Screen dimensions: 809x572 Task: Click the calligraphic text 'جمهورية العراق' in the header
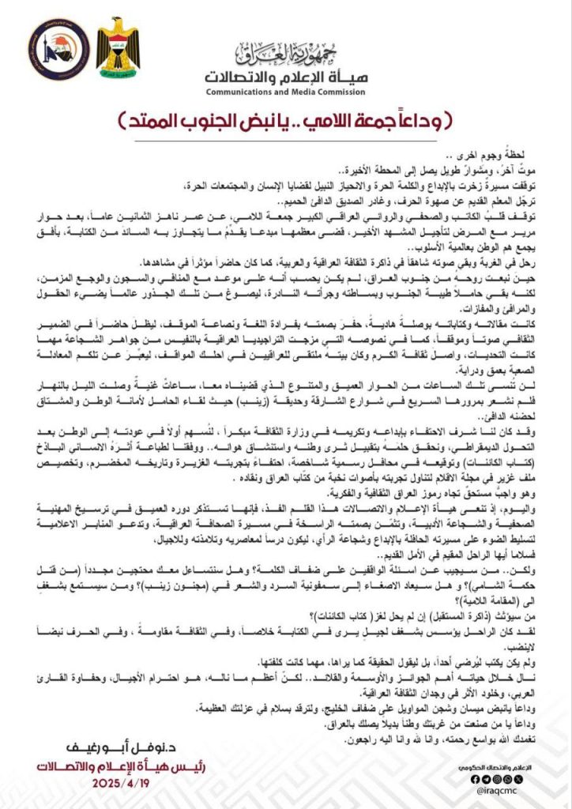click(285, 54)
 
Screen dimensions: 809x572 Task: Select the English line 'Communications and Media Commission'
click(285, 92)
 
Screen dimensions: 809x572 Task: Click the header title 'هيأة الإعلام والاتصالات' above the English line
click(285, 77)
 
